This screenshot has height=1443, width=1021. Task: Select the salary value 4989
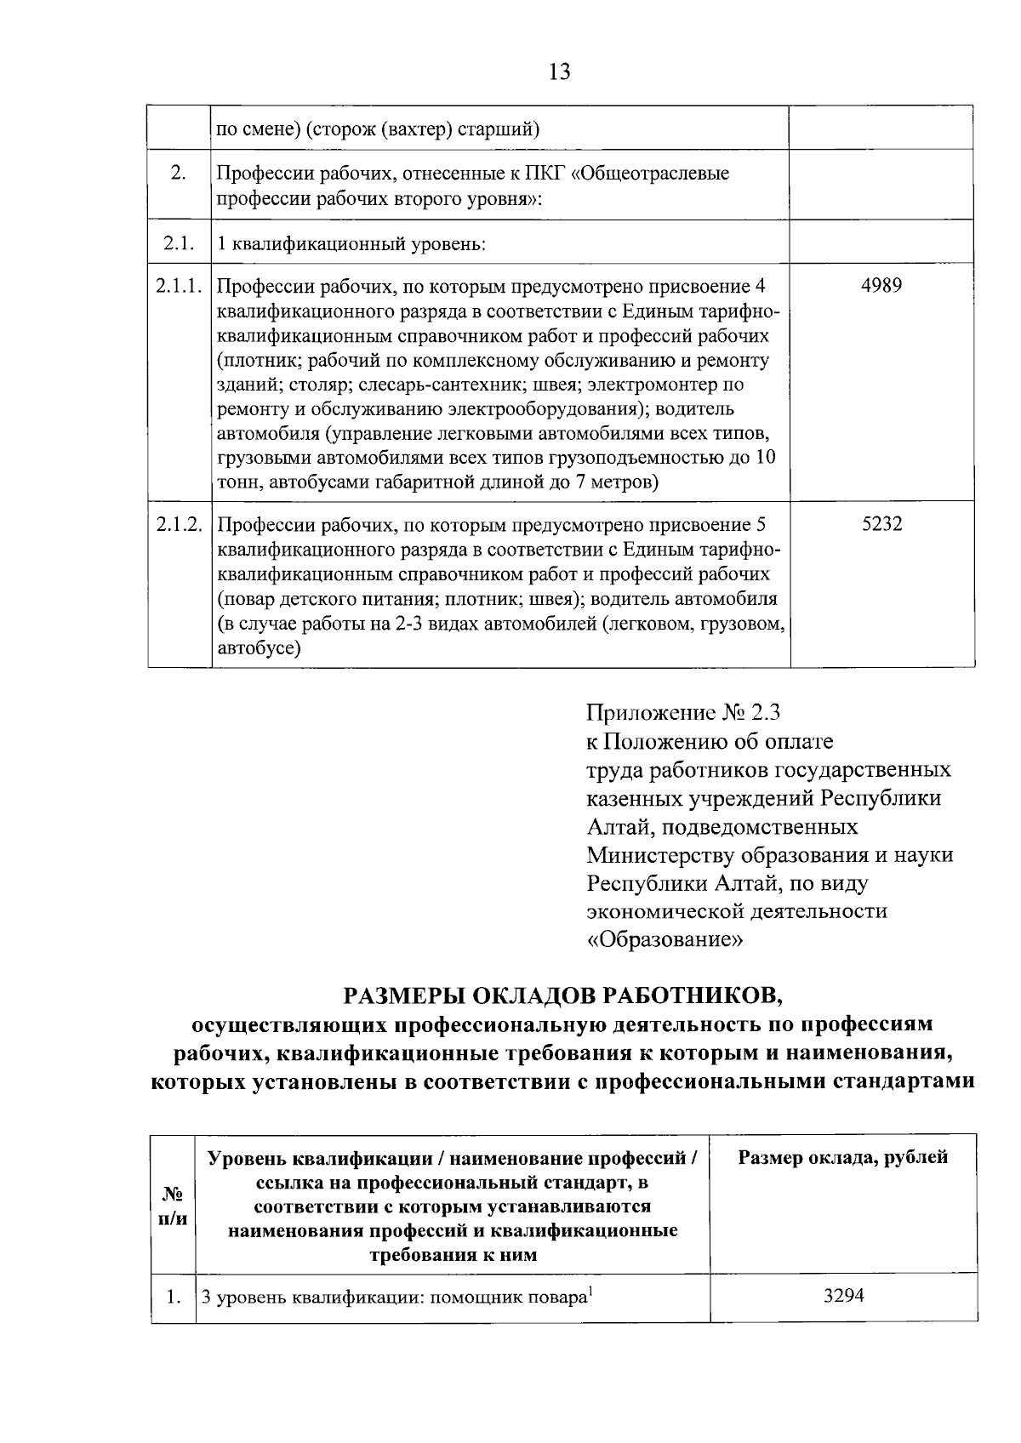[x=881, y=286]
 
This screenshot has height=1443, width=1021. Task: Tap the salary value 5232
[x=881, y=525]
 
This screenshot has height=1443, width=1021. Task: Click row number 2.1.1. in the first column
[x=180, y=286]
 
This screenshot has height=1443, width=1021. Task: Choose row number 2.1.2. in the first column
[x=180, y=525]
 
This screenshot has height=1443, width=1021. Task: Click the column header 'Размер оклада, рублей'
[x=843, y=1157]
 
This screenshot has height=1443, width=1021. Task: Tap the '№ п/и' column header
[x=173, y=1206]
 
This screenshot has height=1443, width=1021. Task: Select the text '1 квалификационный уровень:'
[x=351, y=244]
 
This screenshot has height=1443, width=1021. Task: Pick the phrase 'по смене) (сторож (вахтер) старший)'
[x=379, y=130]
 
